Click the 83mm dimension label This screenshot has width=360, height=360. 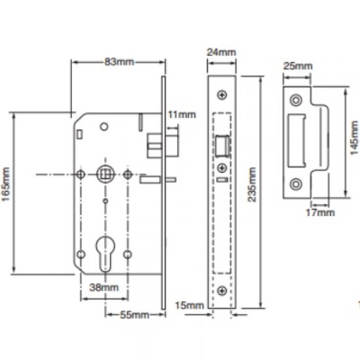coord(118,62)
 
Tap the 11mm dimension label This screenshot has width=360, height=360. coord(181,115)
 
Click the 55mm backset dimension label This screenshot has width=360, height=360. coord(133,314)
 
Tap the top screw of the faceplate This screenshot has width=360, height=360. coord(223,96)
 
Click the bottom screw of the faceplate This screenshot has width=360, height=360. coord(223,290)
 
